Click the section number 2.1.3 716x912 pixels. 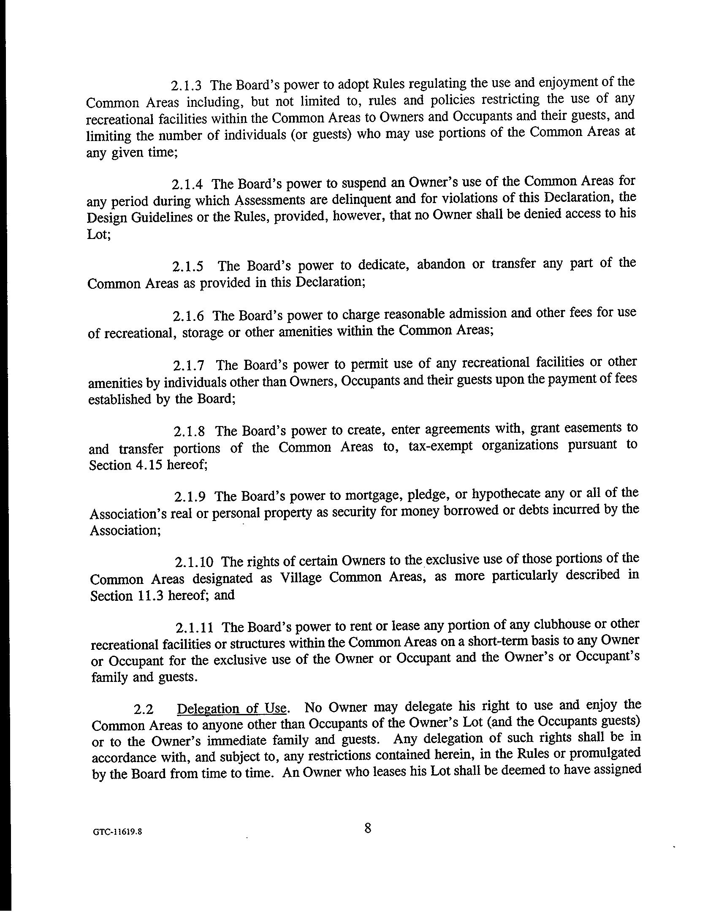(186, 86)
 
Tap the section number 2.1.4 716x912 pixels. (187, 185)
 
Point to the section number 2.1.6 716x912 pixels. (188, 316)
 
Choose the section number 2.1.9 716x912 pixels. (190, 497)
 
